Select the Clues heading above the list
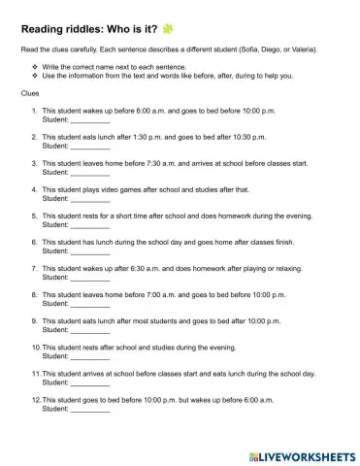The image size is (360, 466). tap(31, 94)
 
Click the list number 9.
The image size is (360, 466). tap(34, 320)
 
